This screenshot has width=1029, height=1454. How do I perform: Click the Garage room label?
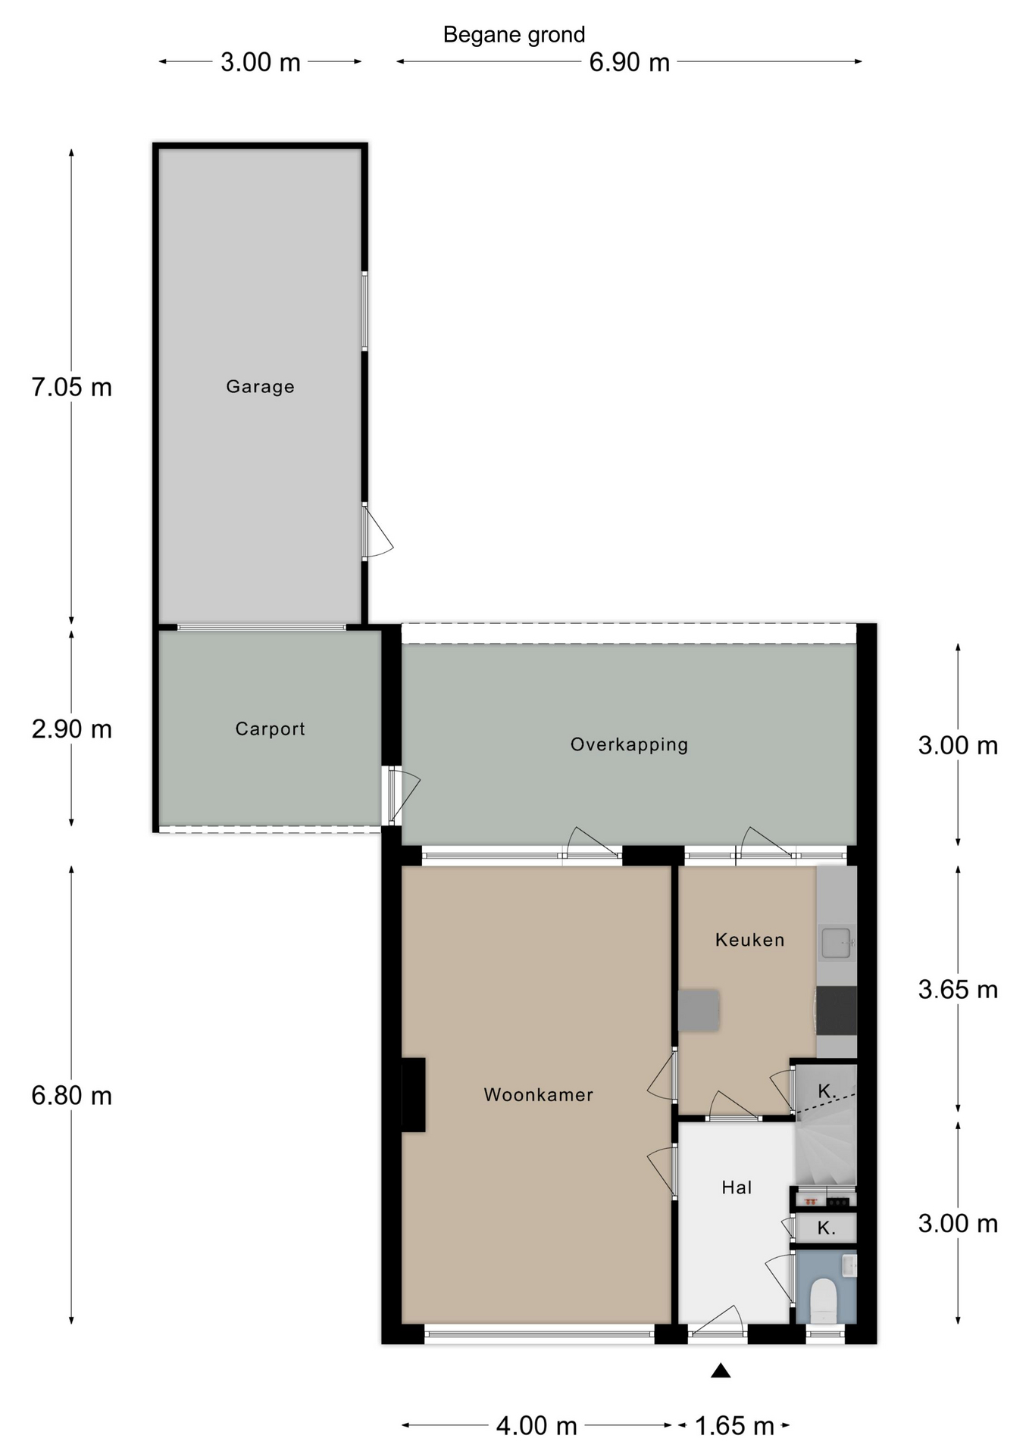(x=260, y=387)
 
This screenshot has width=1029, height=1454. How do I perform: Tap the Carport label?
(x=270, y=729)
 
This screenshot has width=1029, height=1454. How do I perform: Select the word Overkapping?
(x=629, y=745)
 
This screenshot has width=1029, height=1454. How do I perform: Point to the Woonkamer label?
(x=538, y=1095)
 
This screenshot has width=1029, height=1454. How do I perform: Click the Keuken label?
(x=749, y=940)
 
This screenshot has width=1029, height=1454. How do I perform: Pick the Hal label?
(x=737, y=1187)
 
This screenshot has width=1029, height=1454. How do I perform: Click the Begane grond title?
(x=514, y=35)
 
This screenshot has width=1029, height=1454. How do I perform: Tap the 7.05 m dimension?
(x=71, y=388)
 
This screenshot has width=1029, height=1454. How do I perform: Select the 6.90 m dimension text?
(x=630, y=62)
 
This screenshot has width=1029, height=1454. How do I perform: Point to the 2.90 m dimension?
(x=71, y=729)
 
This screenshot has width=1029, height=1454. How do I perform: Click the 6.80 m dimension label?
(x=71, y=1096)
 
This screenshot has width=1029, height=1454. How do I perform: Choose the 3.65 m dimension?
(x=958, y=990)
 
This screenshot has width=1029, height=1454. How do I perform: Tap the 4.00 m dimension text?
(x=536, y=1427)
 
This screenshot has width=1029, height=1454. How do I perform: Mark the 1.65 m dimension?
(x=734, y=1427)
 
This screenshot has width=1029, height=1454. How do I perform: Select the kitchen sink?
(x=837, y=943)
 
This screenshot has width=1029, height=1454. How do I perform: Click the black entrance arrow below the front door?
(x=721, y=1370)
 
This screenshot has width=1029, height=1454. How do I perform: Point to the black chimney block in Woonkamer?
(x=413, y=1095)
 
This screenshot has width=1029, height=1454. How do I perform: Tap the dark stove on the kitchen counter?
(x=837, y=1010)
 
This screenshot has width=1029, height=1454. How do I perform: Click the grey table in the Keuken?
(x=699, y=1010)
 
